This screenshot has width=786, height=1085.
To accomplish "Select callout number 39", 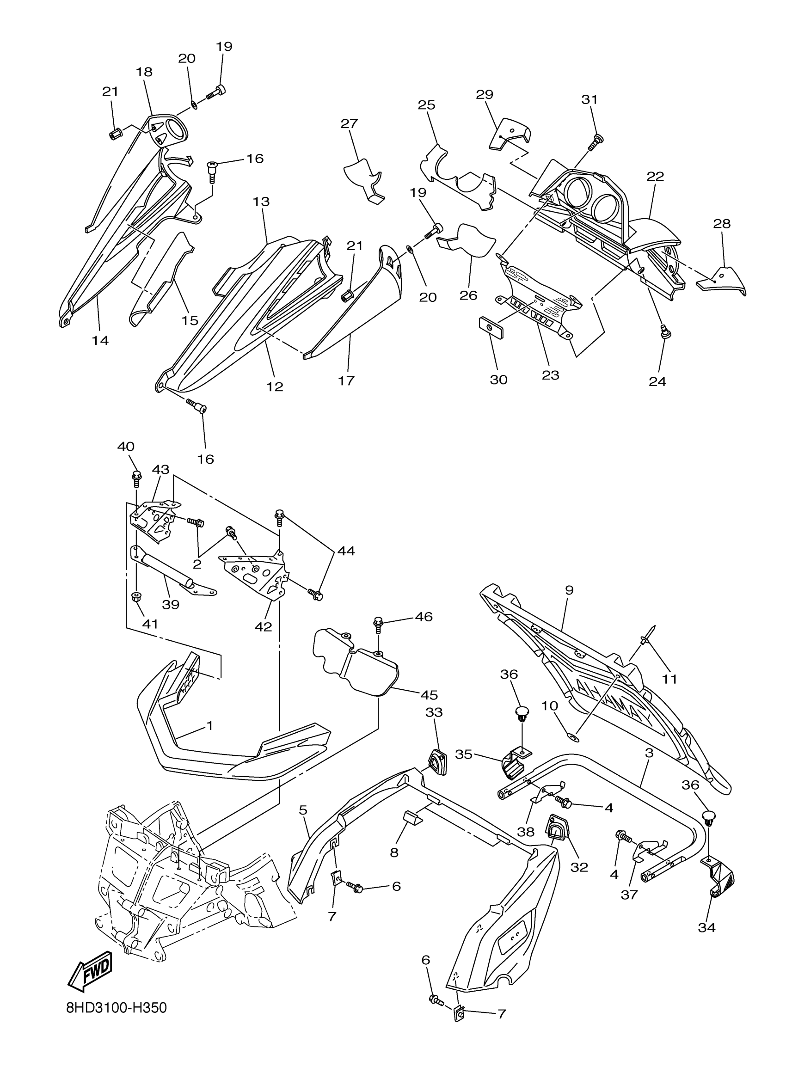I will [170, 604].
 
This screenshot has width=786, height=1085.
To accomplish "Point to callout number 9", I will [569, 590].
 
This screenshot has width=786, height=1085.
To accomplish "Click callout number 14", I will [100, 340].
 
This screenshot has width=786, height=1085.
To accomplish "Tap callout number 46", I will [424, 617].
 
